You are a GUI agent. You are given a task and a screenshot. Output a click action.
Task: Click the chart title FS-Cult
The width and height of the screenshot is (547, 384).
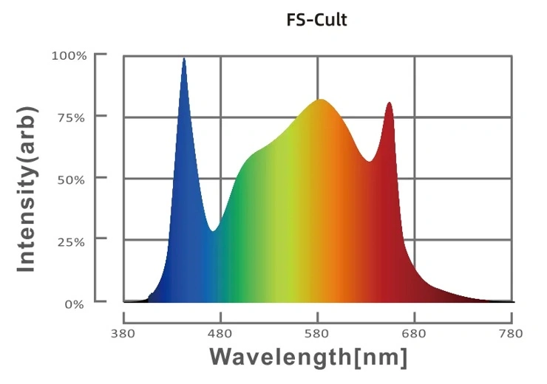tap(316, 20)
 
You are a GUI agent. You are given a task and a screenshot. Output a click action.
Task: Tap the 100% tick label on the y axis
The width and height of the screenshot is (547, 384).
tap(69, 55)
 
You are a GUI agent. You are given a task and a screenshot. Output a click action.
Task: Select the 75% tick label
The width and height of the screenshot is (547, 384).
tap(72, 117)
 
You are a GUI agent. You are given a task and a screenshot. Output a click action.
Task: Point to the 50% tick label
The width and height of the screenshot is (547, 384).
tap(72, 179)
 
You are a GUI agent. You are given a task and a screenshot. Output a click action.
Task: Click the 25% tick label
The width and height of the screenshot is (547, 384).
tap(72, 241)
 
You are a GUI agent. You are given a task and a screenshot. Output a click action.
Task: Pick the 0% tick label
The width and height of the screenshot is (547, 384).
tap(75, 304)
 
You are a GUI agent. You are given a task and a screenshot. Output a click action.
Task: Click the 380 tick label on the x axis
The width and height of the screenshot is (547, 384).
tap(123, 334)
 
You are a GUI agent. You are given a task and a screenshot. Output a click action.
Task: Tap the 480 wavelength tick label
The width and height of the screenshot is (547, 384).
tap(220, 334)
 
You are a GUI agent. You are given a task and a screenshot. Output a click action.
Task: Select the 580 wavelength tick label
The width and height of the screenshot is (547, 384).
tap(317, 334)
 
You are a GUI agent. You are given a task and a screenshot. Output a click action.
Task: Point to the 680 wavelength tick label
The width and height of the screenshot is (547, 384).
tap(415, 334)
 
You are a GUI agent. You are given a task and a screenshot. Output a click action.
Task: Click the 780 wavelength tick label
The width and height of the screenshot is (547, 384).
tap(512, 334)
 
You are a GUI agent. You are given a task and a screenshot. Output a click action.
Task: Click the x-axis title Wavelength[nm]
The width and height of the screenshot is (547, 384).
tap(308, 357)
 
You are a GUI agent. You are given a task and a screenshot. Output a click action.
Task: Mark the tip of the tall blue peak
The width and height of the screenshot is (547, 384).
tap(184, 58)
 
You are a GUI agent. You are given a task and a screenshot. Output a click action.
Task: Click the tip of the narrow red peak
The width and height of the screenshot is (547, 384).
tap(389, 103)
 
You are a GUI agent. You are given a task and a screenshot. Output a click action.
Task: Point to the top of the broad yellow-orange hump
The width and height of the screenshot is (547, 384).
tap(320, 100)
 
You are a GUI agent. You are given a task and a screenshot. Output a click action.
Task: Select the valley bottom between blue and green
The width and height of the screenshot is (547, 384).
tap(213, 231)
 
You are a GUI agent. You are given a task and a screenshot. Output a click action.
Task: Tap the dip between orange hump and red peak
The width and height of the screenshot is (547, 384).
tap(370, 161)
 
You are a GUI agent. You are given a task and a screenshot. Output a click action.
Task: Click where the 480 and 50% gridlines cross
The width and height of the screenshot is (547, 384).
tap(220, 179)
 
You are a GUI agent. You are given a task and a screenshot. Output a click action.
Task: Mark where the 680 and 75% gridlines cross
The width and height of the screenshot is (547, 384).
tap(415, 117)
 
